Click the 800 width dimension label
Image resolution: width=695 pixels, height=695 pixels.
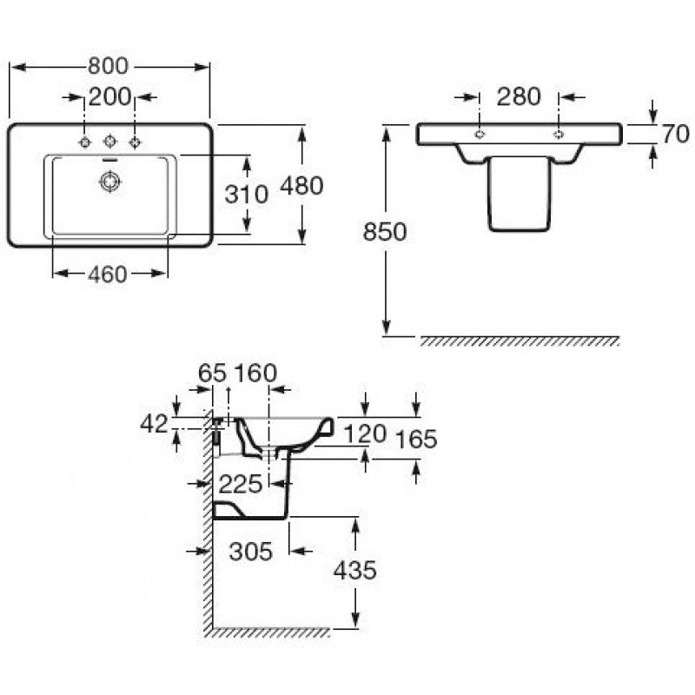[108, 67]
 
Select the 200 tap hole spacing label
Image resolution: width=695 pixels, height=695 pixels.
[110, 97]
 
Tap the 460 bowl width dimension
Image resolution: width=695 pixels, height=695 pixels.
[108, 275]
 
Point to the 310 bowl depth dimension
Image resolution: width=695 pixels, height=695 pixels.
[247, 195]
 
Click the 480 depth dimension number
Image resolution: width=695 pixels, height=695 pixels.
[301, 186]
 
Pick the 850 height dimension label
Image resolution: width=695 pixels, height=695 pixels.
[385, 232]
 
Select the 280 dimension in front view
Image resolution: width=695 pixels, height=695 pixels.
[519, 96]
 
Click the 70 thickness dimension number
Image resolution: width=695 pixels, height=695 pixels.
[676, 134]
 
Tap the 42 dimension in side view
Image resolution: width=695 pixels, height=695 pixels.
[155, 424]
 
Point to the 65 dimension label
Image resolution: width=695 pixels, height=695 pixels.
[212, 374]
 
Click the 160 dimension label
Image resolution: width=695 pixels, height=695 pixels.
[255, 374]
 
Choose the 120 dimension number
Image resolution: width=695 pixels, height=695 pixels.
[365, 434]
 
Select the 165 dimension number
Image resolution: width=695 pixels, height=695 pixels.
[416, 440]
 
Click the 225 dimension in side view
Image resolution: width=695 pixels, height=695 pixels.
[241, 485]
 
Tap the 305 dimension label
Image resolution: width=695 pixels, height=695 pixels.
[251, 552]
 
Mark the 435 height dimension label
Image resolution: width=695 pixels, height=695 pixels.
[355, 571]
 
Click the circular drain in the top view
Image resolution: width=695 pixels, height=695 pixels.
[109, 182]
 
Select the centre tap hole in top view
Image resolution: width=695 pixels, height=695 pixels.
[109, 142]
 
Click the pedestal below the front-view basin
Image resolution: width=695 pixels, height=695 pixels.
[519, 194]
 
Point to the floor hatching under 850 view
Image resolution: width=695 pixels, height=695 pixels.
[519, 341]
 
